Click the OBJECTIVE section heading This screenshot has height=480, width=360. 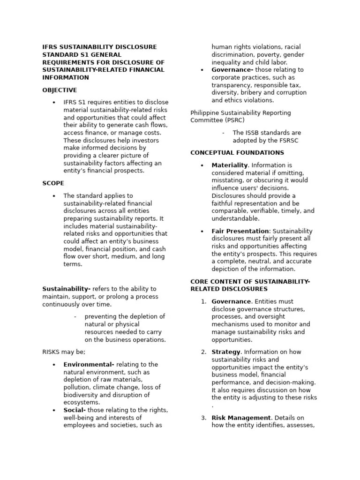(60, 90)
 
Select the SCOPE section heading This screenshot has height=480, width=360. (53, 183)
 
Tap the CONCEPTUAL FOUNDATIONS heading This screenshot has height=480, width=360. (237, 153)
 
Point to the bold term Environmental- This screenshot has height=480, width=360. (89, 365)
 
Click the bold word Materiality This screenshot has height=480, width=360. (229, 165)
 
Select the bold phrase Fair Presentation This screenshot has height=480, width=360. (240, 231)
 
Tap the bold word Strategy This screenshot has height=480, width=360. (226, 352)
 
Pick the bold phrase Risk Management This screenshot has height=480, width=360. (241, 418)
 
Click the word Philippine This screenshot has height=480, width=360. (206, 113)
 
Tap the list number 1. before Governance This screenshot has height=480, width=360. (203, 302)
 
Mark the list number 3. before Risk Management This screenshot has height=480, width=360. (203, 418)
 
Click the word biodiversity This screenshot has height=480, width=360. (82, 395)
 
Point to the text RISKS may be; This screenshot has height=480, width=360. (64, 352)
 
